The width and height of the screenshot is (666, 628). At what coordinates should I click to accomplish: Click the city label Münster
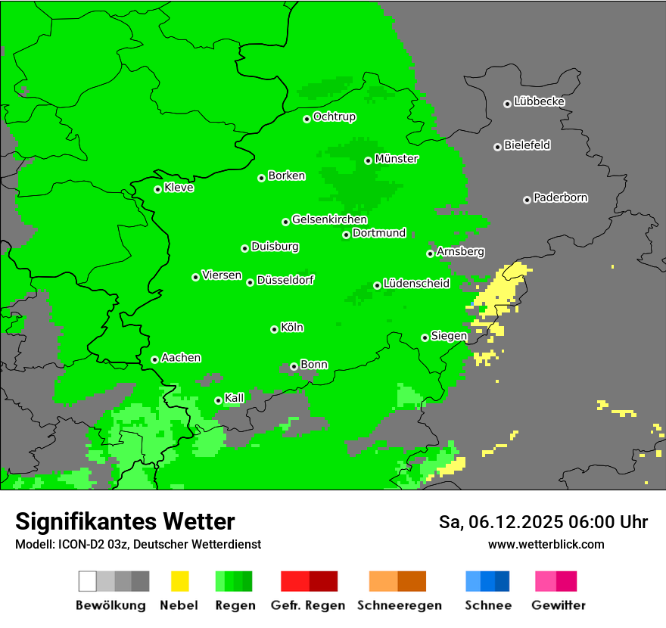pyautogui.click(x=397, y=159)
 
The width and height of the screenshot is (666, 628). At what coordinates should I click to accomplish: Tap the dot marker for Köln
pyautogui.click(x=274, y=329)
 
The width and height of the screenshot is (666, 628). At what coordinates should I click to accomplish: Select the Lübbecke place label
pyautogui.click(x=539, y=101)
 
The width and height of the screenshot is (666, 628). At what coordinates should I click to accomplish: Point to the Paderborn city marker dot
pyautogui.click(x=527, y=200)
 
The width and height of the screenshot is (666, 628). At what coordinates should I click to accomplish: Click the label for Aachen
pyautogui.click(x=181, y=357)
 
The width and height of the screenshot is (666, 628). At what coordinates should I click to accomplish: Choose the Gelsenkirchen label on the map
pyautogui.click(x=329, y=219)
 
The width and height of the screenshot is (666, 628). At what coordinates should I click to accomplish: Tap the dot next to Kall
pyautogui.click(x=218, y=400)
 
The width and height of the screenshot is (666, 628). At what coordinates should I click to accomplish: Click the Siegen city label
pyautogui.click(x=449, y=336)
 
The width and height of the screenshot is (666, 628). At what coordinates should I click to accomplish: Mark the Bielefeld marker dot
pyautogui.click(x=497, y=147)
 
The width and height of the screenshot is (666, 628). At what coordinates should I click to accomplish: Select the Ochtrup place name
pyautogui.click(x=335, y=117)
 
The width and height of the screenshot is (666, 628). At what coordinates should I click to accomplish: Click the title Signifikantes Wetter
pyautogui.click(x=125, y=521)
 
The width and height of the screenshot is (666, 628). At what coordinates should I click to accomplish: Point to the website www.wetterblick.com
pyautogui.click(x=546, y=544)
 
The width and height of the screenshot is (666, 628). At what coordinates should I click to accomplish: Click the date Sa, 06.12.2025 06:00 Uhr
pyautogui.click(x=543, y=522)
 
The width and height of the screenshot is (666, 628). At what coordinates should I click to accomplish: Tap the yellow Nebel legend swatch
pyautogui.click(x=179, y=581)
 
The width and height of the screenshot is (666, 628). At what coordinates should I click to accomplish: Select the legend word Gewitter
pyautogui.click(x=558, y=605)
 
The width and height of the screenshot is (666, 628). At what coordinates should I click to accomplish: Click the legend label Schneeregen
pyautogui.click(x=400, y=605)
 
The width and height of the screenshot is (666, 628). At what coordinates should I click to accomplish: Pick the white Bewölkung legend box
pyautogui.click(x=88, y=581)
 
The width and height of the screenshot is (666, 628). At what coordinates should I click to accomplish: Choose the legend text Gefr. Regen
pyautogui.click(x=307, y=605)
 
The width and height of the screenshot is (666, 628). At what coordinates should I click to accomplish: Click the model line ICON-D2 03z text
pyautogui.click(x=138, y=544)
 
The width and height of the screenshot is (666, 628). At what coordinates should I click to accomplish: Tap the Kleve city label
pyautogui.click(x=179, y=188)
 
